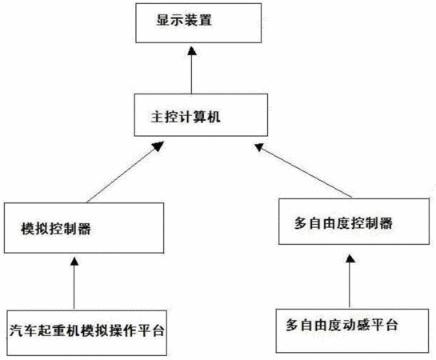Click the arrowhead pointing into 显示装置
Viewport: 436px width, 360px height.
191,51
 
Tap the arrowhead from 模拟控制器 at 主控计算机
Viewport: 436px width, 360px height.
158,146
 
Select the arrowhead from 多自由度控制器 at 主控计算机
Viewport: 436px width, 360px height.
259,146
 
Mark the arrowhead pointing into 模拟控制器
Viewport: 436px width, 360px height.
74,262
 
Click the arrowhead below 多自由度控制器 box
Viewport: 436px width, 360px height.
350,259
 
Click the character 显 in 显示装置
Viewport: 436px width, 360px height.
163,21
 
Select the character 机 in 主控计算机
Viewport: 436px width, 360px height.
214,117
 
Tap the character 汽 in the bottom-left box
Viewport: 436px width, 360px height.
16,331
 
